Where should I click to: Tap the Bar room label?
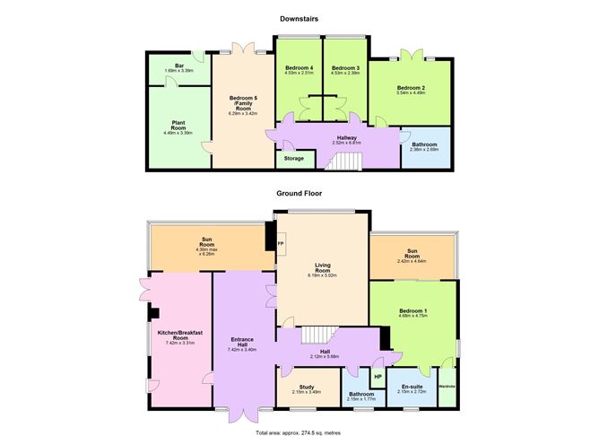(x=179, y=65)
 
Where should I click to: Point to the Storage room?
(x=294, y=158)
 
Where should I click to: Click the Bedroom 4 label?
(x=299, y=68)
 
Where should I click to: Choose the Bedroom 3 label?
(x=345, y=68)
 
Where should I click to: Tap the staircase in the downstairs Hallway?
(x=343, y=161)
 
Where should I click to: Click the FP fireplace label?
(x=280, y=243)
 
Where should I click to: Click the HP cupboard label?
(x=377, y=377)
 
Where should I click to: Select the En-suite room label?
(x=412, y=387)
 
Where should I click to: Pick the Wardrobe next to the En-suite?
(x=447, y=387)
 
